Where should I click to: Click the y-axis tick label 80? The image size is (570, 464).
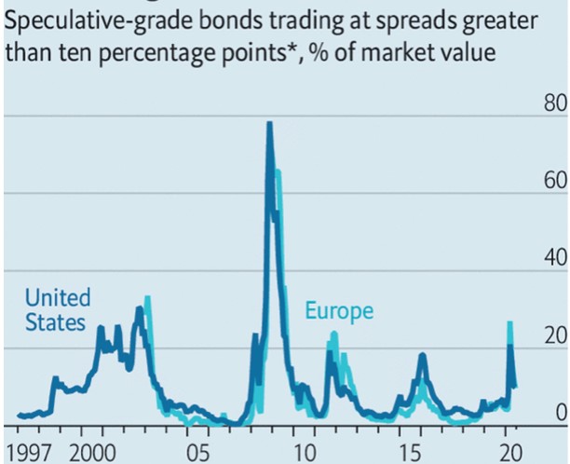pos(554,102)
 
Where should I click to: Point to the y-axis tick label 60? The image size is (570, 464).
pos(554,180)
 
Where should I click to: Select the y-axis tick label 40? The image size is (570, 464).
pos(554,257)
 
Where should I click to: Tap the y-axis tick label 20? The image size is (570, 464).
pos(554,334)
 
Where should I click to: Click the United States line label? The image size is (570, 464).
pos(58,310)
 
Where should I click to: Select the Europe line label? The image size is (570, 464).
pos(339,310)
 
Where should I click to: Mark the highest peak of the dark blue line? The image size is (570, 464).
pos(269,123)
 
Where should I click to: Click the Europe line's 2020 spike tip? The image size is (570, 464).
pos(509,322)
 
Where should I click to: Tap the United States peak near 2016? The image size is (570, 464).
pos(422,355)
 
